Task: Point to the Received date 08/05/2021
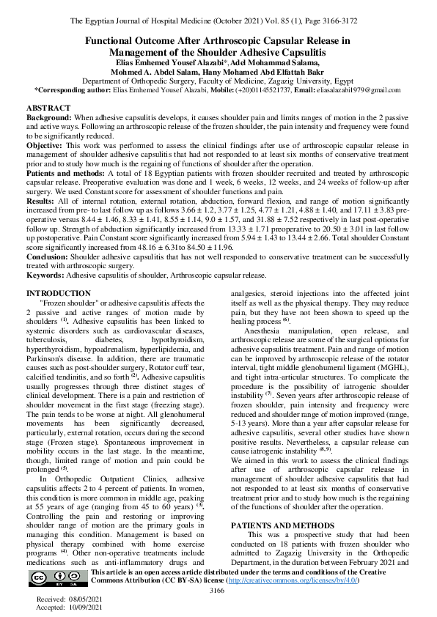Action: click(82, 599)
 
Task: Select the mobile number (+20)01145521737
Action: click(227, 89)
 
